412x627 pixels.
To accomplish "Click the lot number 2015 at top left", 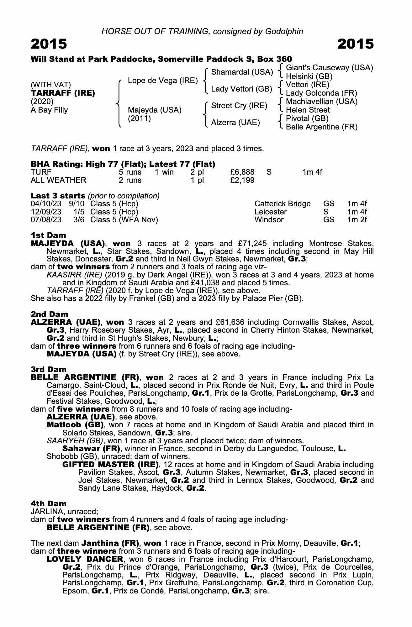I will click(x=49, y=44).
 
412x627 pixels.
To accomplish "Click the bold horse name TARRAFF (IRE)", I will click(x=63, y=93).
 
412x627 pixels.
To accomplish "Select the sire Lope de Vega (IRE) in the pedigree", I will click(x=163, y=81).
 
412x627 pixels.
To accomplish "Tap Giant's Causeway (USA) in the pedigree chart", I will click(x=329, y=68).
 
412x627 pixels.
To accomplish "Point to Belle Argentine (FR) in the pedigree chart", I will click(x=321, y=127).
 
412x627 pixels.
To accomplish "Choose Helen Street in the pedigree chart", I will click(x=308, y=110).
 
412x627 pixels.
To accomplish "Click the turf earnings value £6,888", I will click(x=242, y=172).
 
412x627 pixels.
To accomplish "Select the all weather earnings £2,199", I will click(x=242, y=180).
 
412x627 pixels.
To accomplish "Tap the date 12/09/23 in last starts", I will click(x=46, y=212).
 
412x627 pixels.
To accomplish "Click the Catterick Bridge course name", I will click(x=283, y=204).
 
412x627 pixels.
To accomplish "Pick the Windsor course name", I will click(x=269, y=220).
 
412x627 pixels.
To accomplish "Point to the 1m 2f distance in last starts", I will click(x=357, y=220).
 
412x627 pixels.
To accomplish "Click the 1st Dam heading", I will click(x=48, y=235).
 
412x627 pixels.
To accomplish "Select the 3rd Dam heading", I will click(x=49, y=369).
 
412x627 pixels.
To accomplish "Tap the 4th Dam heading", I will click(x=49, y=503).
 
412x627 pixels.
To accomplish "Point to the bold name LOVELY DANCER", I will click(x=85, y=559).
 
